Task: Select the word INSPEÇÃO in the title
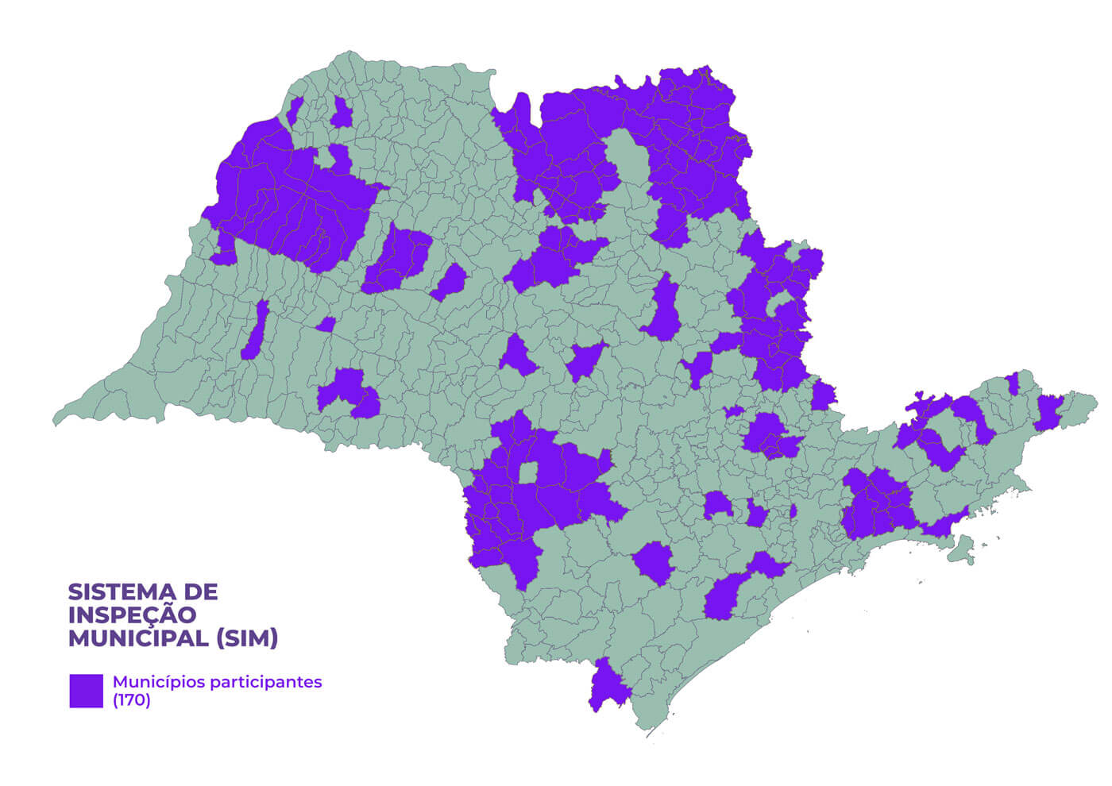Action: click(132, 615)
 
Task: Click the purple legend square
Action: click(86, 691)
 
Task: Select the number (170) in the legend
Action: click(131, 700)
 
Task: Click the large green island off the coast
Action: click(963, 549)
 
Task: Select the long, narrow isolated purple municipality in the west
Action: click(255, 331)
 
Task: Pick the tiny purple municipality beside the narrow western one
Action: click(326, 324)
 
